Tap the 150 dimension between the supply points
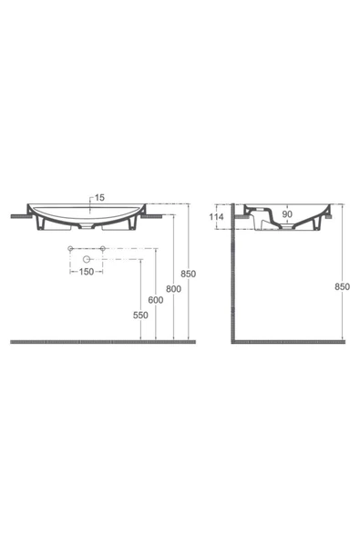(86, 272)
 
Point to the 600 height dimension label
(156, 300)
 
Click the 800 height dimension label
(173, 287)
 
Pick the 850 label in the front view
(189, 274)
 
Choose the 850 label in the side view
(343, 286)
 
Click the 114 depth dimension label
(216, 218)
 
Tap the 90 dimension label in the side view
(287, 216)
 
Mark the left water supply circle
(69, 249)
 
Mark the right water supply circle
(103, 249)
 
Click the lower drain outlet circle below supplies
(86, 260)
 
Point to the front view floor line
(100, 342)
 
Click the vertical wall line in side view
(233, 283)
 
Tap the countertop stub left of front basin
(20, 215)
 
